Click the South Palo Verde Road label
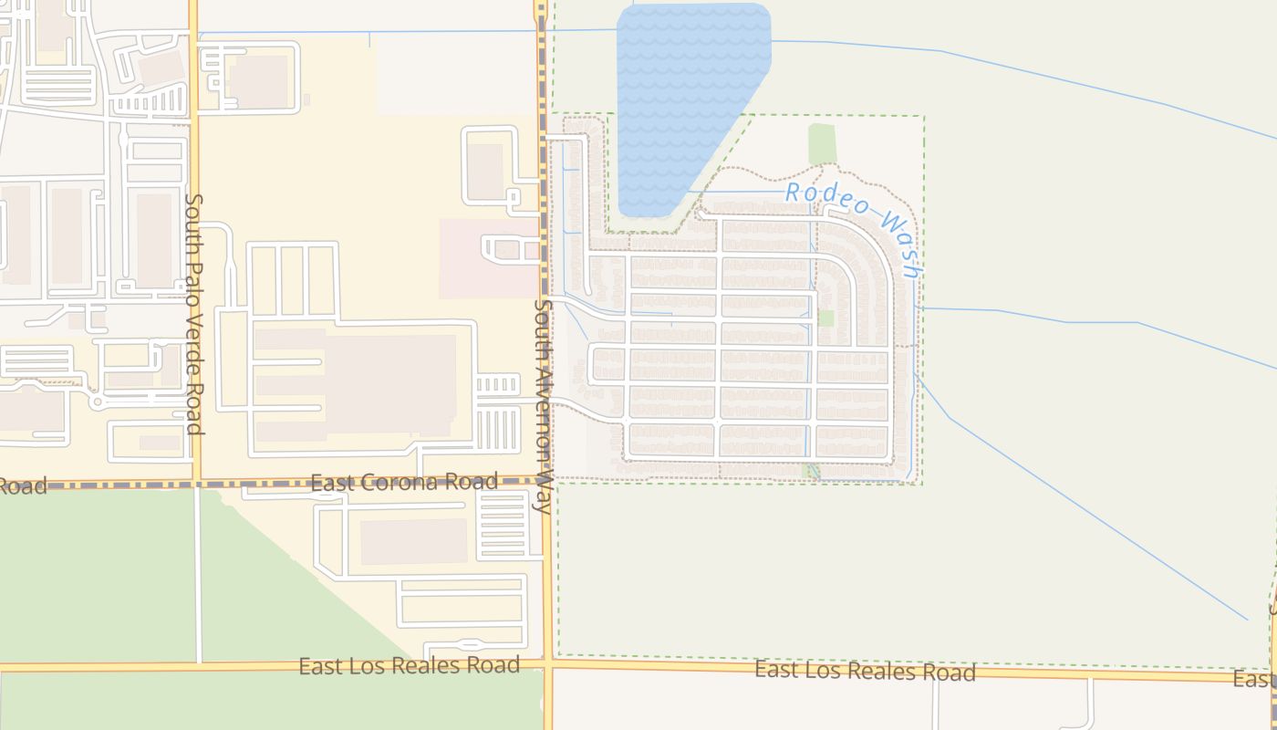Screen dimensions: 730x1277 pyautogui.click(x=193, y=313)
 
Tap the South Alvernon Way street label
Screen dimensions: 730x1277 pyautogui.click(x=544, y=406)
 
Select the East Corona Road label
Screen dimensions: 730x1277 pyautogui.click(x=404, y=482)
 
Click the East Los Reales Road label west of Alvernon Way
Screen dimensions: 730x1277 pyautogui.click(x=409, y=665)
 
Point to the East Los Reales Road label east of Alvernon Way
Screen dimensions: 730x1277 pyautogui.click(x=865, y=672)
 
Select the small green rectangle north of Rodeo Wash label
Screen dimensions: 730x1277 pyautogui.click(x=822, y=143)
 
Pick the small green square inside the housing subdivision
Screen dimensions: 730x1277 pyautogui.click(x=825, y=318)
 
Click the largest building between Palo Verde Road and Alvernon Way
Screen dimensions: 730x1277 pyautogui.click(x=356, y=383)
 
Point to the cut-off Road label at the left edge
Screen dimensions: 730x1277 pyautogui.click(x=22, y=485)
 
